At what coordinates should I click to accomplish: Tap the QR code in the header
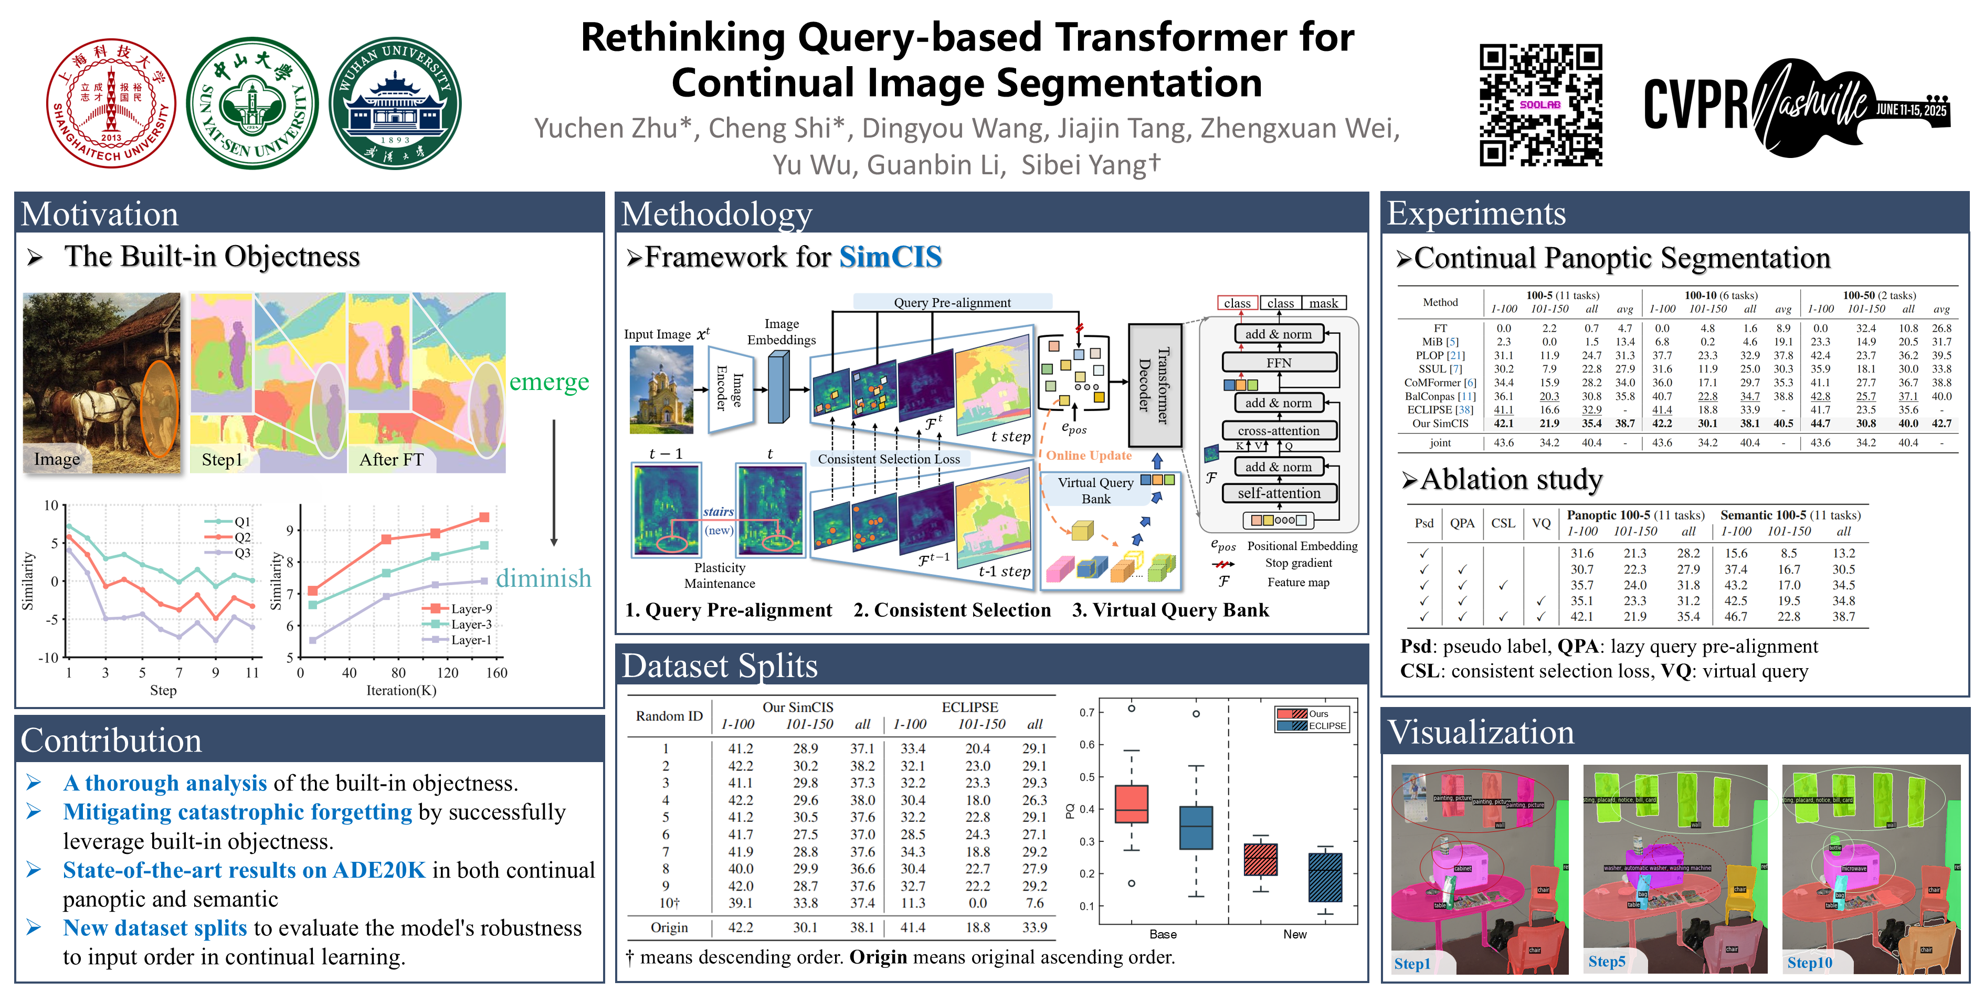[1540, 105]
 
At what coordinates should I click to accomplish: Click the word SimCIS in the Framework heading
[890, 257]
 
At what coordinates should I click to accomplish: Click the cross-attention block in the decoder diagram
[1279, 430]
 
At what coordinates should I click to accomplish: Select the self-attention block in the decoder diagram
[1279, 493]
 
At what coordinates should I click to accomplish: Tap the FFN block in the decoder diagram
[1279, 362]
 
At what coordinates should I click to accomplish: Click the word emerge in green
[549, 382]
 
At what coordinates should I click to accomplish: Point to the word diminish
[544, 578]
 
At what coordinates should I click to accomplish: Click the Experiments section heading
[1476, 213]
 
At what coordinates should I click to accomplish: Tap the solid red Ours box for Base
[1132, 804]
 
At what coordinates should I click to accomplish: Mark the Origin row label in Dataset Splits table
[669, 927]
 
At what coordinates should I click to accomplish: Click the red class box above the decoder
[1237, 303]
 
